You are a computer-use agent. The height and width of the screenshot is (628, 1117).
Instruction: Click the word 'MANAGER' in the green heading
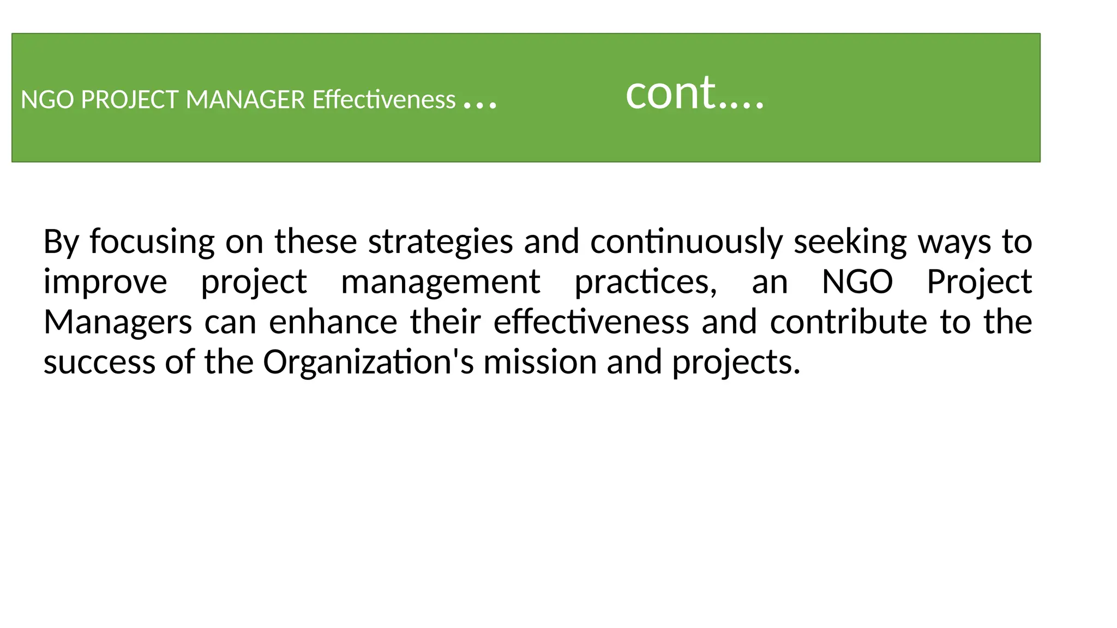coord(245,100)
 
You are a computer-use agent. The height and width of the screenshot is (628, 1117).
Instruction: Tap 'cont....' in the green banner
coord(694,93)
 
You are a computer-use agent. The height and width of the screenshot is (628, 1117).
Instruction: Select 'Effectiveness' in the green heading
coord(383,100)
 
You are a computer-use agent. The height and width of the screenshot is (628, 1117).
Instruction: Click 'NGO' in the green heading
coord(47,100)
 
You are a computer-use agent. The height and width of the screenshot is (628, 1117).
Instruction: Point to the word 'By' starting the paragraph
coord(61,241)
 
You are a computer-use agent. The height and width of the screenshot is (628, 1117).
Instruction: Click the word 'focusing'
coord(152,241)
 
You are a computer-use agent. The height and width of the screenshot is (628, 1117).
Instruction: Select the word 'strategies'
coord(440,241)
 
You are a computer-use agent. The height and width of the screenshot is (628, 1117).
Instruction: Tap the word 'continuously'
coord(686,241)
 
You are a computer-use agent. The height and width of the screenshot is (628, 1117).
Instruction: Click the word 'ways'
coord(954,241)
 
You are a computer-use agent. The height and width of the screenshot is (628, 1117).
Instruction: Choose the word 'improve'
coord(105,282)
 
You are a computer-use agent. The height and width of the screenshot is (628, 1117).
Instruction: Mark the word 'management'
coord(440,282)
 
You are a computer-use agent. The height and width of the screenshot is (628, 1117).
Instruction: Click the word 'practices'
coord(645,282)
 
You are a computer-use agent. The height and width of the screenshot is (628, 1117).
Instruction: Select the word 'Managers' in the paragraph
coord(117,322)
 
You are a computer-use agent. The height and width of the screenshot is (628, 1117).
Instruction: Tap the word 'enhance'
coord(333,322)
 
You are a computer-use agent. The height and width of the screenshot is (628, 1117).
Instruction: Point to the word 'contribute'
coord(848,322)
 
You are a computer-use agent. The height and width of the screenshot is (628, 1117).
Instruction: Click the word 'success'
coord(99,362)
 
